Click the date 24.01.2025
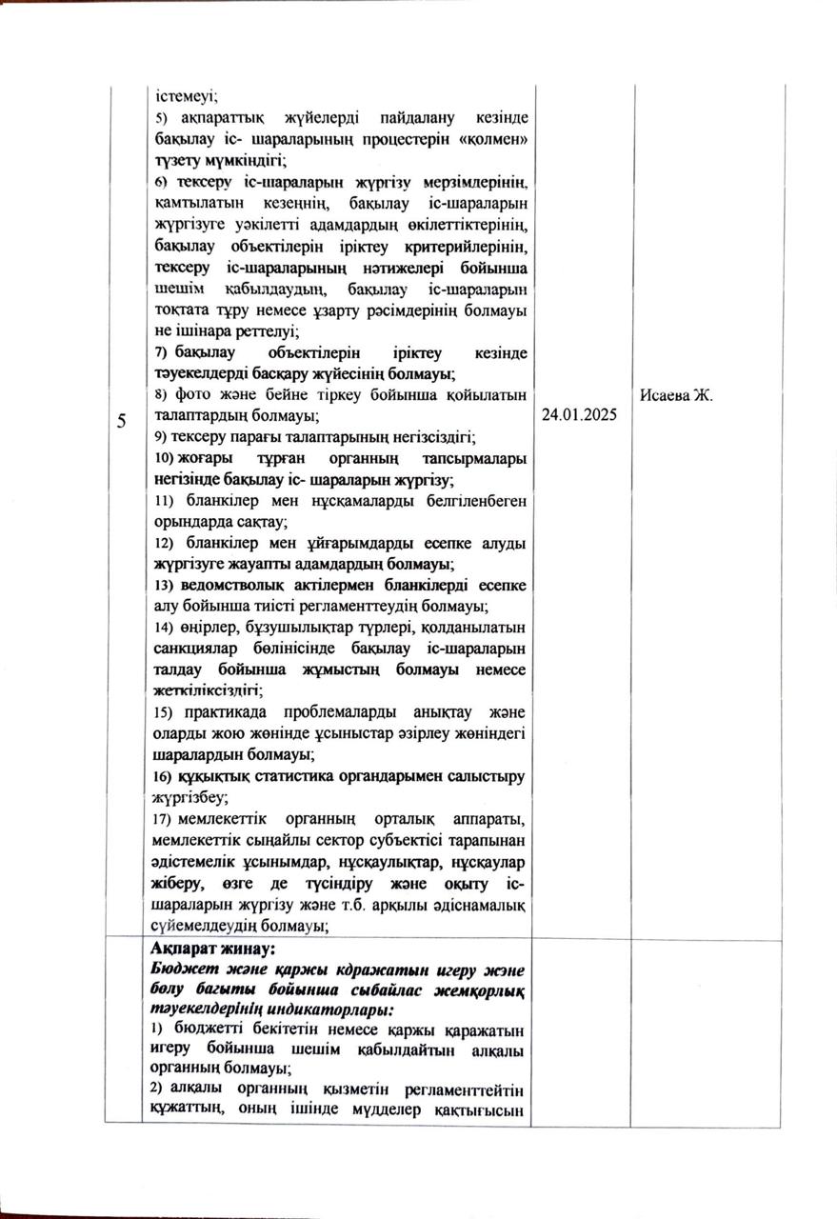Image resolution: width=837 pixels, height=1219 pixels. [x=582, y=416]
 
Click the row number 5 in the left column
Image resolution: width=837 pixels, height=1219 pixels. [x=122, y=422]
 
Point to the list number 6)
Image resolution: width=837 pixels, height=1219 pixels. [x=161, y=181]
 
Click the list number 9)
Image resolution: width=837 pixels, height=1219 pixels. [x=161, y=437]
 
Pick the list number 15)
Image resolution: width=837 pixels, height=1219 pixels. [x=164, y=713]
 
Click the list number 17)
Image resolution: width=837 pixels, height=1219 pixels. [x=164, y=820]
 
